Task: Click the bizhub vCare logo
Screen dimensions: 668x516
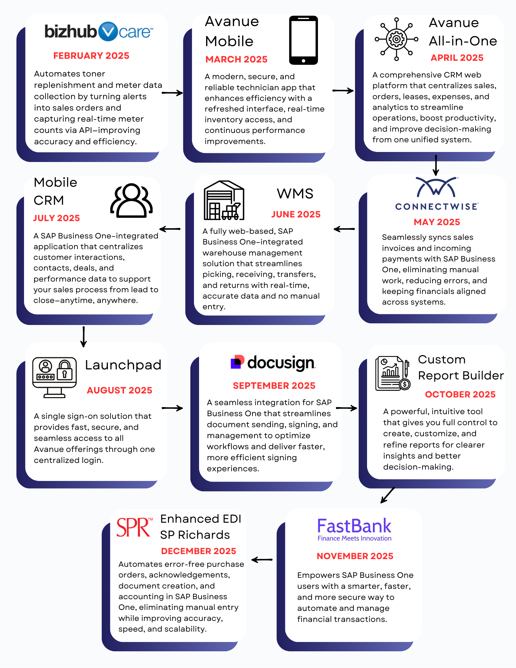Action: pyautogui.click(x=99, y=32)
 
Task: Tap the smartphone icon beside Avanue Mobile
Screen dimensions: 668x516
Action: pyautogui.click(x=303, y=40)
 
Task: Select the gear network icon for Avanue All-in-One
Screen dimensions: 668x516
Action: pyautogui.click(x=396, y=39)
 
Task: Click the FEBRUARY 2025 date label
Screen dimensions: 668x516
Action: pyautogui.click(x=91, y=56)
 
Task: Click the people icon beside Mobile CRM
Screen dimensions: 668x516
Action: pyautogui.click(x=132, y=200)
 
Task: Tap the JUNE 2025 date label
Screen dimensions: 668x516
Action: pyautogui.click(x=296, y=214)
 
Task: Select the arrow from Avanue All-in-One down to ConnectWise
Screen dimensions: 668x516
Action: pyautogui.click(x=436, y=165)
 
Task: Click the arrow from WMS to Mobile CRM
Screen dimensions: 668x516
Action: pyautogui.click(x=170, y=229)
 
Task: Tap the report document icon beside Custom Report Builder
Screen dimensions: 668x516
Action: pyautogui.click(x=393, y=373)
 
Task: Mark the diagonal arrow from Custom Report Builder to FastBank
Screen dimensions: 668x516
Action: pyautogui.click(x=388, y=495)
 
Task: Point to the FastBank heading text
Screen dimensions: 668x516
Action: pyautogui.click(x=354, y=526)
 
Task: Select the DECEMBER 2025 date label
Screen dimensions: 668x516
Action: pyautogui.click(x=198, y=551)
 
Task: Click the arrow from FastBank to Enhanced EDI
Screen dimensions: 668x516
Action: pyautogui.click(x=262, y=560)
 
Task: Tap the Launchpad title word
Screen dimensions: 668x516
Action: pyautogui.click(x=123, y=365)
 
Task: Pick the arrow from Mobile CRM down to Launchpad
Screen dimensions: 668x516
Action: pyautogui.click(x=83, y=337)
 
